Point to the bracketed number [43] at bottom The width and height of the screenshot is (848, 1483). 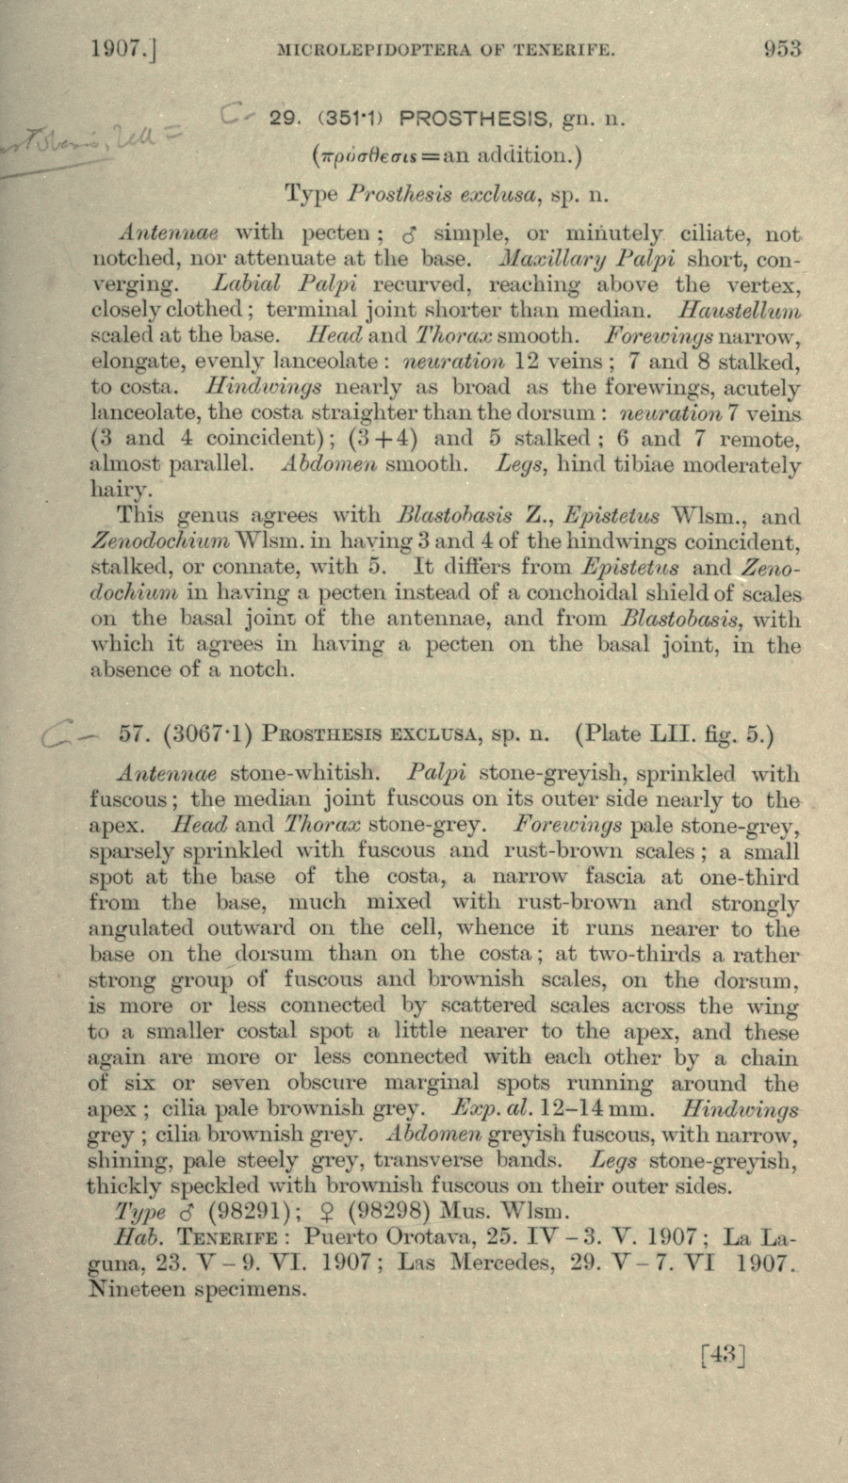[723, 1355]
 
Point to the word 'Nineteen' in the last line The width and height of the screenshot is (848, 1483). [137, 1289]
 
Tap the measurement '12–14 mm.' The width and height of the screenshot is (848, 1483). [599, 1108]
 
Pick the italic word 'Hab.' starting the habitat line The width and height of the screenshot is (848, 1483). [132, 1236]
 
